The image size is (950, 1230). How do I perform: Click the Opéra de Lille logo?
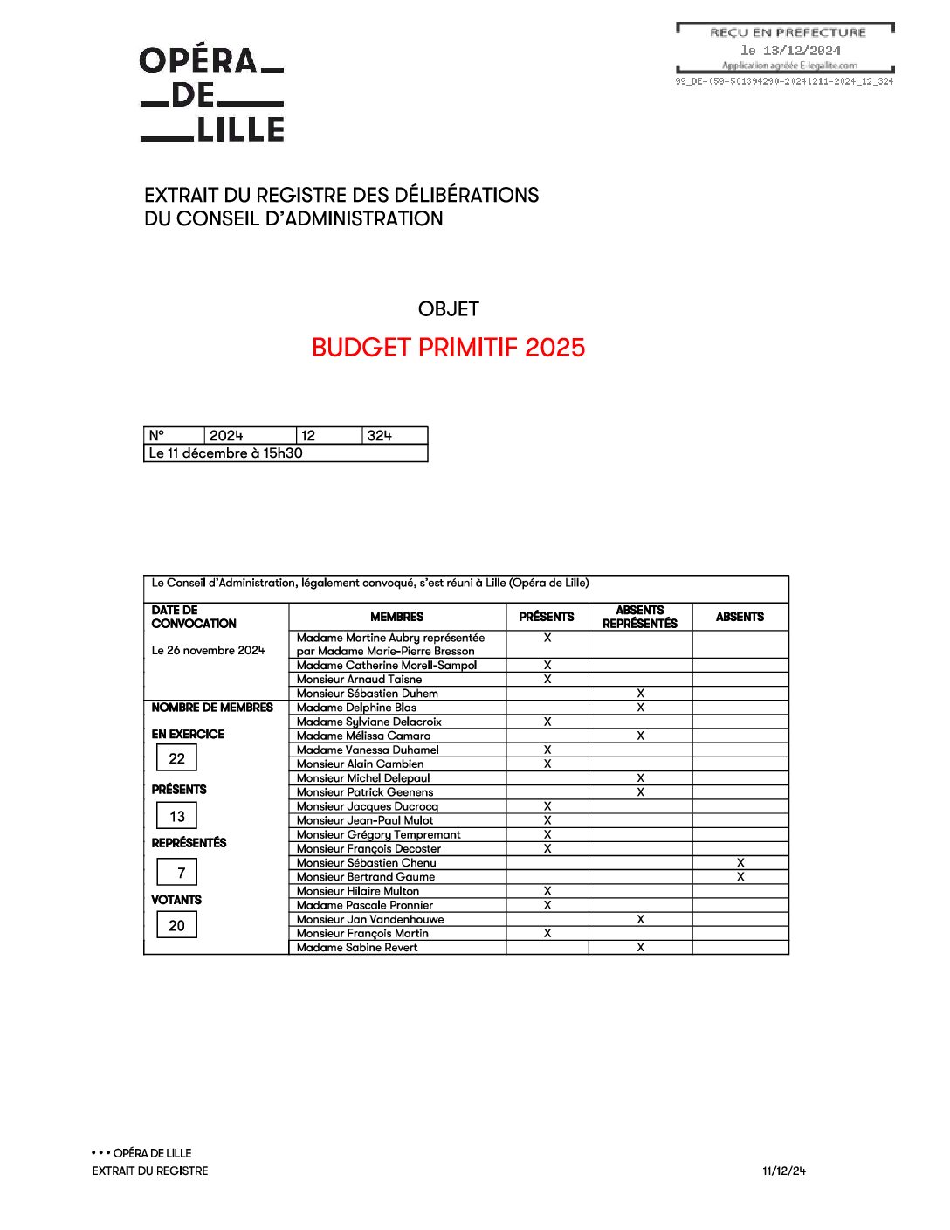pos(212,93)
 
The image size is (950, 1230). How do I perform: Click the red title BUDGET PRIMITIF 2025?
pos(448,348)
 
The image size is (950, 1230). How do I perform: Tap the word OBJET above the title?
pos(448,309)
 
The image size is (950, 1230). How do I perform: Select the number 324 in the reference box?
pos(380,436)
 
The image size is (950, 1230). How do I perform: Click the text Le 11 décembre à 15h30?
pos(225,453)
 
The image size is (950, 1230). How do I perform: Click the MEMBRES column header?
pos(396,617)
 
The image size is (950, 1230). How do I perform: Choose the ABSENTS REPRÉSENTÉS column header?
pos(640,617)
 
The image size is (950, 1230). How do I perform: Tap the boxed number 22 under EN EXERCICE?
pos(177,758)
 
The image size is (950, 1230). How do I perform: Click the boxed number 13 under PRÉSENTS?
pos(177,817)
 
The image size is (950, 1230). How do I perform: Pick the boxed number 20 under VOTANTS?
pos(177,926)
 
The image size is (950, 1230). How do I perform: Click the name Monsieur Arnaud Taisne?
pos(359,680)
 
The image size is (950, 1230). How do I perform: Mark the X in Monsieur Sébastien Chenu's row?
pos(740,862)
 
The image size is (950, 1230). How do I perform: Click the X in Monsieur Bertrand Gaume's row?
pos(740,876)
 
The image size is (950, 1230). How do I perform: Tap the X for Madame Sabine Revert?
pos(641,948)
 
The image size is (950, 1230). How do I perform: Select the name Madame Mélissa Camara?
pos(363,736)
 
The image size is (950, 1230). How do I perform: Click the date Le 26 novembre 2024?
pos(208,651)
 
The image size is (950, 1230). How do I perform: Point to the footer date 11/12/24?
pos(783,1171)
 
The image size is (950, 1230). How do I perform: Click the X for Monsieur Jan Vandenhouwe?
pos(641,919)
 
